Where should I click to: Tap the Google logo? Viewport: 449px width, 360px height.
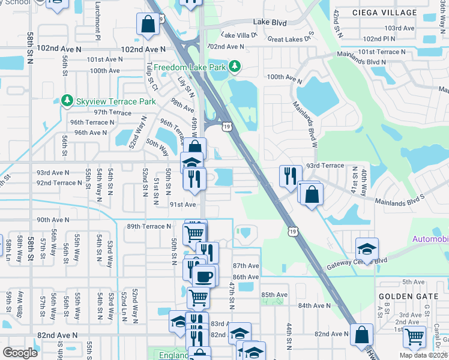pos(20,353)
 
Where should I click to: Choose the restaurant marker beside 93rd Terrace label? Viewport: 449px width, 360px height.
pos(291,175)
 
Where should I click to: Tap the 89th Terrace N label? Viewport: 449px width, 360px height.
pos(148,226)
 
